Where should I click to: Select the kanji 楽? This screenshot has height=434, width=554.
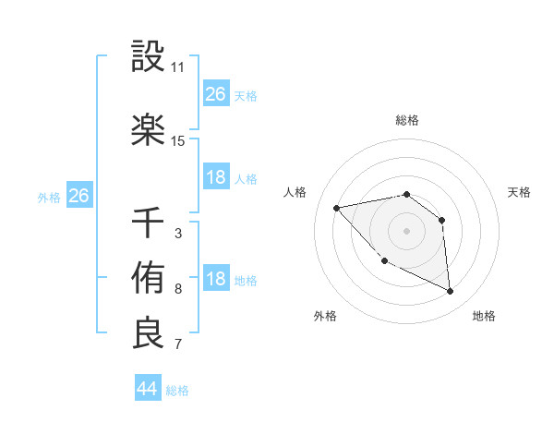[148, 130]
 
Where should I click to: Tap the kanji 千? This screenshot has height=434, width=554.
[148, 223]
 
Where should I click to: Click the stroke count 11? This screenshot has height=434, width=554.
[178, 67]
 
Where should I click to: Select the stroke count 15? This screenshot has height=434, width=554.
[178, 141]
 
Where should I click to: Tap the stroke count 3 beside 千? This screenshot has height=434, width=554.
[177, 233]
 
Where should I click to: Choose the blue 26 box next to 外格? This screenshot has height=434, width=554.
[78, 196]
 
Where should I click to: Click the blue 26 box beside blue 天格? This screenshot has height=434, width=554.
[216, 94]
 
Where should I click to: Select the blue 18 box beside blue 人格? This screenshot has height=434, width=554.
[216, 177]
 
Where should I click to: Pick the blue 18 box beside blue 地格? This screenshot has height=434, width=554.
[216, 280]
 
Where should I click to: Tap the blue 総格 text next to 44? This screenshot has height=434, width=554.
[177, 391]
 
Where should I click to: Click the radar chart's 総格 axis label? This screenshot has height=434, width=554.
[406, 120]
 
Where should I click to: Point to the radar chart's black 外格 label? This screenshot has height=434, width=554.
[325, 316]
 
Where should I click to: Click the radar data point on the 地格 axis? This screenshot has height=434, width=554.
[450, 291]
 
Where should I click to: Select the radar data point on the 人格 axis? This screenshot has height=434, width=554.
[337, 207]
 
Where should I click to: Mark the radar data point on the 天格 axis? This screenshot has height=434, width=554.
[441, 220]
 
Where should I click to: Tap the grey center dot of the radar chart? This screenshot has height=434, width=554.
[406, 231]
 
